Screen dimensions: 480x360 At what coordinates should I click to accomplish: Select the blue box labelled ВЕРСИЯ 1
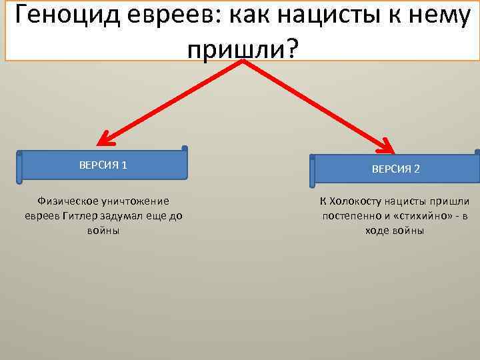pyautogui.click(x=103, y=165)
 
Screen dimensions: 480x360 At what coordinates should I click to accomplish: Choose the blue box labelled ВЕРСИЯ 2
pyautogui.click(x=395, y=169)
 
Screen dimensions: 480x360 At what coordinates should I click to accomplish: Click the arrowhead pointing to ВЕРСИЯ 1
pyautogui.click(x=103, y=139)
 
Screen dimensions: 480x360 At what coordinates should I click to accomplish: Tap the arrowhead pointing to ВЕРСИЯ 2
pyautogui.click(x=389, y=144)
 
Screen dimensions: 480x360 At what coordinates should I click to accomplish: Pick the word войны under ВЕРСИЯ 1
pyautogui.click(x=103, y=230)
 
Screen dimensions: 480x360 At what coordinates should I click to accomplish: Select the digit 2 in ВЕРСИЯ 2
pyautogui.click(x=417, y=169)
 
